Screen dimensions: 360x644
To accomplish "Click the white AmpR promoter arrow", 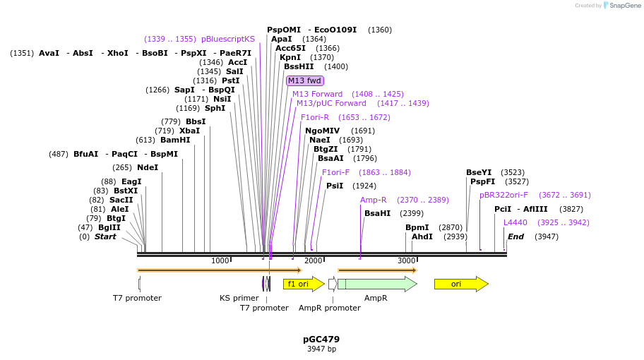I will click(332, 284).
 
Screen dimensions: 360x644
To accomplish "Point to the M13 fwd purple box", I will click(305, 80).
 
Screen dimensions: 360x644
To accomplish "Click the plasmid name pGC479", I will click(321, 339).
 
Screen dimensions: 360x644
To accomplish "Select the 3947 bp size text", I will click(321, 349).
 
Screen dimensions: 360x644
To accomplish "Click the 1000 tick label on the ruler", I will click(220, 260).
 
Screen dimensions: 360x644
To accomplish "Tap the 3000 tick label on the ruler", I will click(407, 260).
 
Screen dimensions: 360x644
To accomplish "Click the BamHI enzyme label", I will click(175, 140).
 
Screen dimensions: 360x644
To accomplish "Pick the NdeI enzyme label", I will click(148, 167).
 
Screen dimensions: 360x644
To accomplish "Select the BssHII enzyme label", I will click(299, 66).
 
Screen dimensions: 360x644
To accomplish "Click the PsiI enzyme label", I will click(335, 186).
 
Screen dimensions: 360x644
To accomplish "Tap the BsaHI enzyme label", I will click(377, 213).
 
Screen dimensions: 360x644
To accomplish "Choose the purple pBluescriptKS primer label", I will click(228, 39).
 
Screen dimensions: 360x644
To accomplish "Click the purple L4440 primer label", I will click(515, 222).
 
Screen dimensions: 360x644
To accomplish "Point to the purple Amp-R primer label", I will click(374, 200).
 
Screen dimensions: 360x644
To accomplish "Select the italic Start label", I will click(105, 236).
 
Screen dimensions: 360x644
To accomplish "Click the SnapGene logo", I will click(621, 6).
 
